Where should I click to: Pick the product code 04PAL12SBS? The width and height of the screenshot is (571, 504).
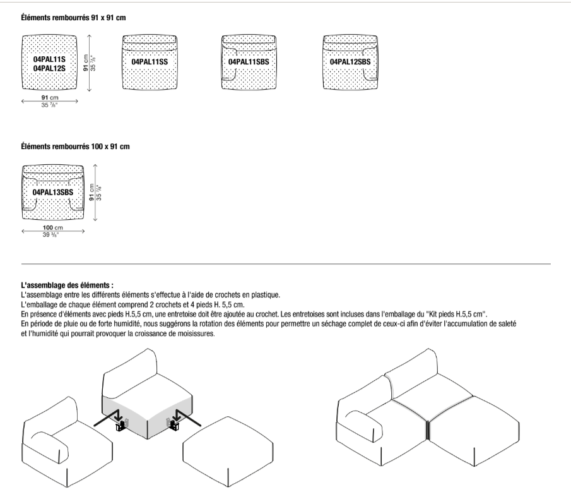350,63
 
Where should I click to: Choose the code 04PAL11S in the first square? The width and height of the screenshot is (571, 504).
49,59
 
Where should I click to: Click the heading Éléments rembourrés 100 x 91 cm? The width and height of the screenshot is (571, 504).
75,147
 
